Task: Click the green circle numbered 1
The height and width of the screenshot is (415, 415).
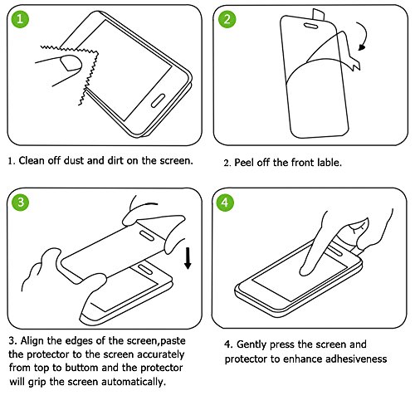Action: point(20,19)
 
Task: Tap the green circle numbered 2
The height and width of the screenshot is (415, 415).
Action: point(227,19)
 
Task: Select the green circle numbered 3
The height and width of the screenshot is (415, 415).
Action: point(21,202)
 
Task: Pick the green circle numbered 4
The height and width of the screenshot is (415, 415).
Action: point(225,203)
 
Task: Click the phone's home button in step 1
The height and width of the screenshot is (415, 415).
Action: point(158,100)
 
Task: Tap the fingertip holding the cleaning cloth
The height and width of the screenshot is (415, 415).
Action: point(71,63)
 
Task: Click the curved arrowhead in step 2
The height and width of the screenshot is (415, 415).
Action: point(362,47)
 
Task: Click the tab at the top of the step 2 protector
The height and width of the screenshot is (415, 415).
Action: point(319,14)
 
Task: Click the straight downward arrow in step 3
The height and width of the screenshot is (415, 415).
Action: point(188,258)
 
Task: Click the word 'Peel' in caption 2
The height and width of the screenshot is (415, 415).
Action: point(244,163)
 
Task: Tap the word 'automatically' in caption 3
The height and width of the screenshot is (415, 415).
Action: point(134,382)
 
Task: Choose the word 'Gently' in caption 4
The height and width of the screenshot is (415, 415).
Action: point(251,345)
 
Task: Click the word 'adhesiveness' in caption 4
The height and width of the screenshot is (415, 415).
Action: point(356,359)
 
